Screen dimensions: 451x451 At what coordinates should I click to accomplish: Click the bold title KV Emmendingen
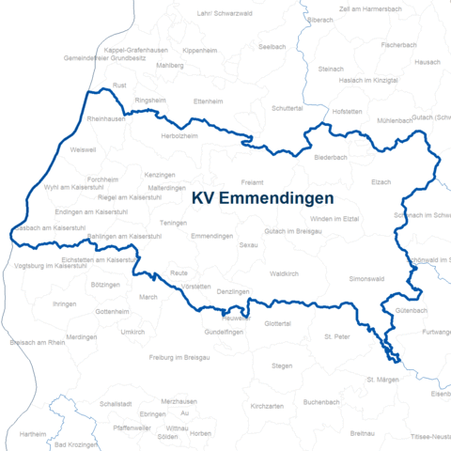pos(263,199)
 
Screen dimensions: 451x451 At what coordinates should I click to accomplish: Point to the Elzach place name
pos(381,181)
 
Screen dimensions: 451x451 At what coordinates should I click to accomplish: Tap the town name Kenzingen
pos(161,175)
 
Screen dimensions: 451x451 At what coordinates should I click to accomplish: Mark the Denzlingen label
pos(233,292)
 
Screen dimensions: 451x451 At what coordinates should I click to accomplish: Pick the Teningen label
pos(173,223)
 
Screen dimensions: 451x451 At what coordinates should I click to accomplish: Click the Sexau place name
pos(249,244)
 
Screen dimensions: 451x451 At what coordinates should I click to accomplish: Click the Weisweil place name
pos(83,148)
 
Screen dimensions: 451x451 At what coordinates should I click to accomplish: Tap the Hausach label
pos(428,62)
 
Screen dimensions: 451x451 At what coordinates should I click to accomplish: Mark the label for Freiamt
pos(253,181)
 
